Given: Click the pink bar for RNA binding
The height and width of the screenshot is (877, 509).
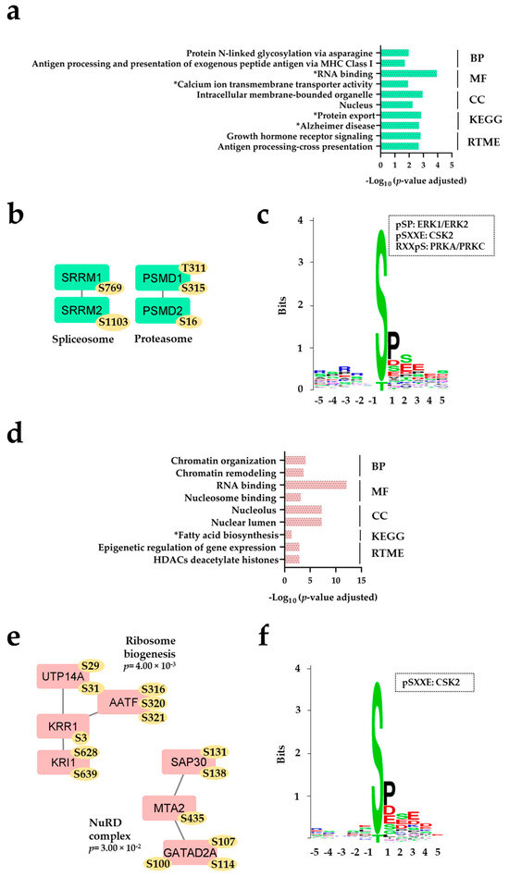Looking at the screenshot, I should click(316, 484).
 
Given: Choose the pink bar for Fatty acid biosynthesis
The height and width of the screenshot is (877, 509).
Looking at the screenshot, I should click(288, 534).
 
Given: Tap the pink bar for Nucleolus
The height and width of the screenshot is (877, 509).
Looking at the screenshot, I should click(303, 509).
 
